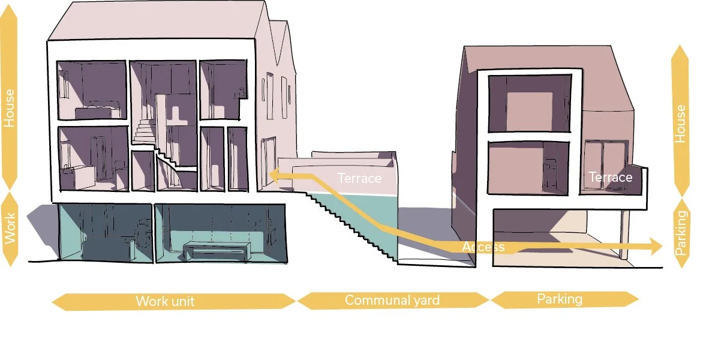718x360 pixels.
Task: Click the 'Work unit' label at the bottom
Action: pyautogui.click(x=165, y=301)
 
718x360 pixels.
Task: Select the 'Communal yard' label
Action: pyautogui.click(x=392, y=300)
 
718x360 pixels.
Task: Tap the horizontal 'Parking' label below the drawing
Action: pyautogui.click(x=559, y=298)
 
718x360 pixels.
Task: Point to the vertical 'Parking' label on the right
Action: pyautogui.click(x=680, y=233)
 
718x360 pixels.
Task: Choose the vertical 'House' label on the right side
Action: pyautogui.click(x=680, y=124)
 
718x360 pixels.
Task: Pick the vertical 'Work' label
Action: pyautogui.click(x=10, y=229)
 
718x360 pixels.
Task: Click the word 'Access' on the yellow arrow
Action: pyautogui.click(x=483, y=247)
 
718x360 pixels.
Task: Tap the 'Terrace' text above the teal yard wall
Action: pyautogui.click(x=359, y=178)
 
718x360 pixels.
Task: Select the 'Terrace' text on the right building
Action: pyautogui.click(x=610, y=177)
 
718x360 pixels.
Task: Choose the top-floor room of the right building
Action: pyautogui.click(x=528, y=103)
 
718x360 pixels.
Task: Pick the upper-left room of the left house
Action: pyautogui.click(x=91, y=90)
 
